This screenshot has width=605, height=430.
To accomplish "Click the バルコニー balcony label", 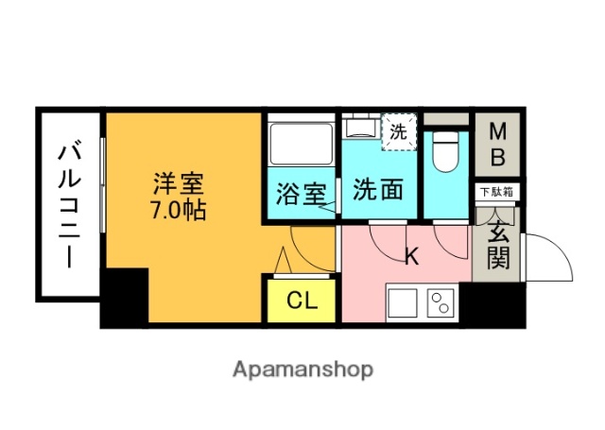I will (x=68, y=205).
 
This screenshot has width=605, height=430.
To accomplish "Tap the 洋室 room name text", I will (x=181, y=182).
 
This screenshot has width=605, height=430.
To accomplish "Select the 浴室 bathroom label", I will (x=301, y=194).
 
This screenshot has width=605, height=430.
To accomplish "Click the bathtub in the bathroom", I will (x=301, y=144).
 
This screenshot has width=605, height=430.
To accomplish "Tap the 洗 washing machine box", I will (x=399, y=131).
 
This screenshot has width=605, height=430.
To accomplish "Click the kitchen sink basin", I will (x=402, y=303).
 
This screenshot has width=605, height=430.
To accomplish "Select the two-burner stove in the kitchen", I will (x=441, y=303).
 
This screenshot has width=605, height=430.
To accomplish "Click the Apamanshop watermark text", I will (x=302, y=369).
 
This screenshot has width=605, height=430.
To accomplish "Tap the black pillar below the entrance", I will (x=497, y=304).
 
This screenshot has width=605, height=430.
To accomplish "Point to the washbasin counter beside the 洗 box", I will (x=360, y=128).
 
